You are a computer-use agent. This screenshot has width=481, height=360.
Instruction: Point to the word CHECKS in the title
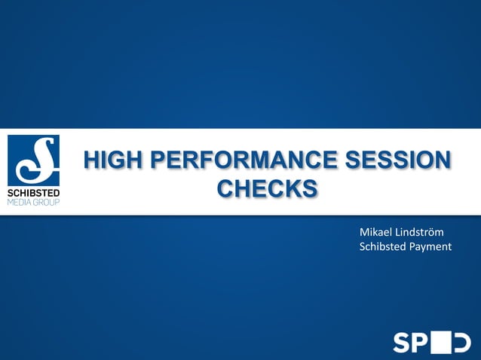267,188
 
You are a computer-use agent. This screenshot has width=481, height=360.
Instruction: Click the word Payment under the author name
430,246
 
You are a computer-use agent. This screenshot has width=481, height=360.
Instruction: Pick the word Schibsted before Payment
383,246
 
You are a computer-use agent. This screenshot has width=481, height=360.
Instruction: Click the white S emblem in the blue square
33,160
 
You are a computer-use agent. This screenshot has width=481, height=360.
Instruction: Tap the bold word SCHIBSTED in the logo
33,193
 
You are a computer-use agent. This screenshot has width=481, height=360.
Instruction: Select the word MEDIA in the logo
20,202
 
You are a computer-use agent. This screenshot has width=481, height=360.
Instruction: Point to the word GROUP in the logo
46,202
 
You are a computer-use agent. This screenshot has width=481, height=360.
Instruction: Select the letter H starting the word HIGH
93,160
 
